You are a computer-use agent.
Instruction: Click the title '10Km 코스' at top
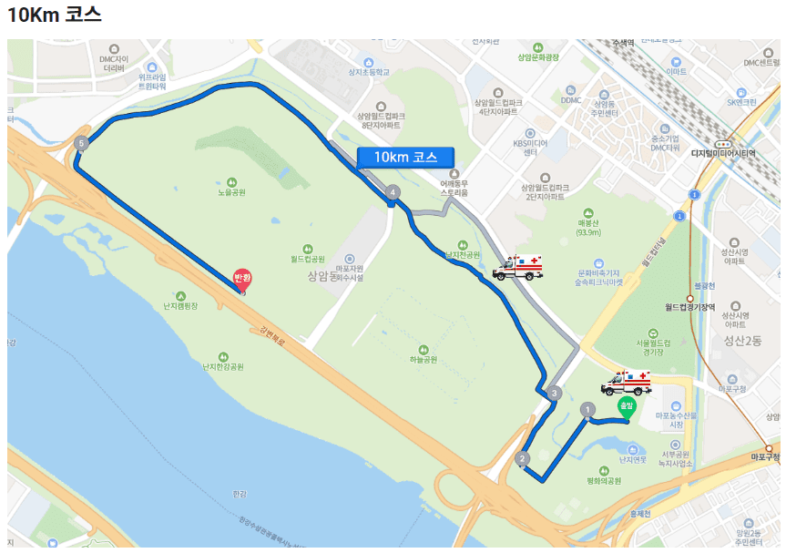(x=55, y=15)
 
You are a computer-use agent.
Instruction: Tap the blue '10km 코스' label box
(x=405, y=157)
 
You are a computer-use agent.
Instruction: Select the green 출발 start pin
(x=626, y=407)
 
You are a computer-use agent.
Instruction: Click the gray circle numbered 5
(x=82, y=143)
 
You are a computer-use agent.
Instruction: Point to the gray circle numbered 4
(x=393, y=192)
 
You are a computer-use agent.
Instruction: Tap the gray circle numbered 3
(x=555, y=393)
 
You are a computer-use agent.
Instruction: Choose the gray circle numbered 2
(x=522, y=458)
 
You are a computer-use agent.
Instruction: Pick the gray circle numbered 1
(x=587, y=410)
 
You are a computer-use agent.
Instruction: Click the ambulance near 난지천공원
(x=517, y=267)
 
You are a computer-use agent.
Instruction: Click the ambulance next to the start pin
(x=626, y=382)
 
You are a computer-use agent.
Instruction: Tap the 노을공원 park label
(x=231, y=192)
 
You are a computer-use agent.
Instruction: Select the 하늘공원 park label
(x=423, y=359)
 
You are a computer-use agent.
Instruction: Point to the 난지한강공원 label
(x=223, y=366)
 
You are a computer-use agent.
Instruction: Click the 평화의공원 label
(x=603, y=480)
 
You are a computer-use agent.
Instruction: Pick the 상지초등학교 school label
(x=368, y=72)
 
